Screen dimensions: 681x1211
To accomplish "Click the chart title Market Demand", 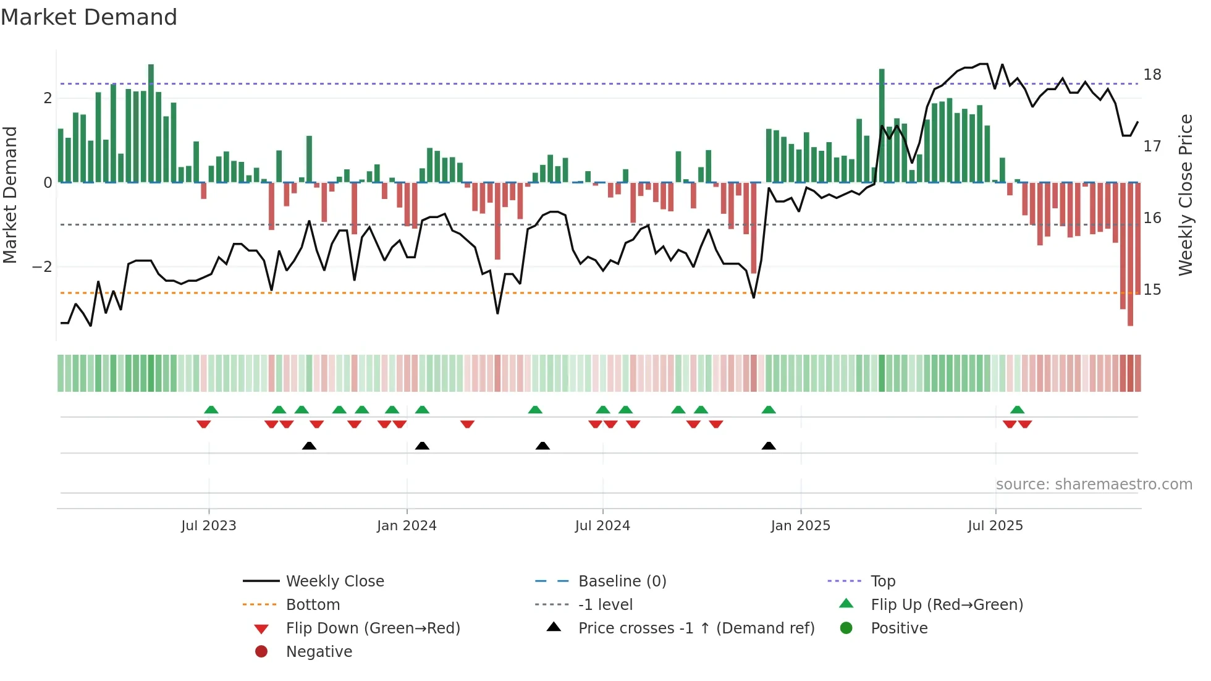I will [89, 17].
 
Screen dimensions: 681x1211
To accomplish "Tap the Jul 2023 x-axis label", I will [209, 526].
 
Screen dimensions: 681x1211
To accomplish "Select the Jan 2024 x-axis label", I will [407, 526].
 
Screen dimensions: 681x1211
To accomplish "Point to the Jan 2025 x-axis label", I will [800, 526].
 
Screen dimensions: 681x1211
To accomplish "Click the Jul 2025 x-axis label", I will [995, 526].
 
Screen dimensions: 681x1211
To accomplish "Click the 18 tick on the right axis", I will [1152, 75].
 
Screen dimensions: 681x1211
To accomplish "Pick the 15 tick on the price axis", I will [1152, 290].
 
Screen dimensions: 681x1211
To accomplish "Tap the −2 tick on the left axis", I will [42, 267].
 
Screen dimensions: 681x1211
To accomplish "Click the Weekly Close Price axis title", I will [1185, 195].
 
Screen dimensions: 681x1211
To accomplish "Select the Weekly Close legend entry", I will [334, 582].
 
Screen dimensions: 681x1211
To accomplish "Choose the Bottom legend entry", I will [313, 605].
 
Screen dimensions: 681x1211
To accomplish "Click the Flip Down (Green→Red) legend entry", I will [373, 628].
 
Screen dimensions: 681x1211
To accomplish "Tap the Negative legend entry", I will [319, 652].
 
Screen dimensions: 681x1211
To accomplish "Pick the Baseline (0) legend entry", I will [622, 582].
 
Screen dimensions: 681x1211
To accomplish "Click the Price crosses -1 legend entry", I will [696, 628].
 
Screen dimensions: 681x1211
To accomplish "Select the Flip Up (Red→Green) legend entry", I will [947, 605].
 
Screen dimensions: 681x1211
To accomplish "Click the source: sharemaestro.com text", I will [1094, 484].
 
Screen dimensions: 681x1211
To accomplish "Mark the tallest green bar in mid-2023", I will [151, 124].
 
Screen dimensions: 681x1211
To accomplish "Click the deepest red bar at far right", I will [1130, 253].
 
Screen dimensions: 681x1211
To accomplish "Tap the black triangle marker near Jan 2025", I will [769, 446].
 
